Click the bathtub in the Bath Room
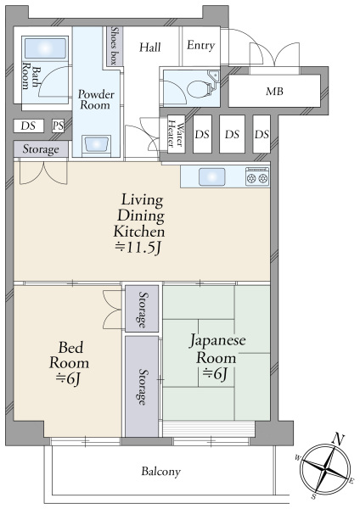pos(45,48)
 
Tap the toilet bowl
pos(198,88)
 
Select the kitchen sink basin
pos(212,177)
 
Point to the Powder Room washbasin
pos(96,144)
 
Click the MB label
pos(274,92)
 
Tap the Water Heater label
pos(176,135)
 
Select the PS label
pos(58,126)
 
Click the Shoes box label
pos(114,46)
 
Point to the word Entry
pos(200,46)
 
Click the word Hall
pos(150,48)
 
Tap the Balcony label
pos(160,472)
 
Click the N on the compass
pos(338,439)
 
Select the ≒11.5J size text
pos(138,249)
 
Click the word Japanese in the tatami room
pos(217,342)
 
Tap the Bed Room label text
pos(70,355)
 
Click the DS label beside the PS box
pos(28,126)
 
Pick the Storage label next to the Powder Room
pos(41,149)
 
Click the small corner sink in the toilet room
pos(214,76)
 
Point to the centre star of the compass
pos(325,469)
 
